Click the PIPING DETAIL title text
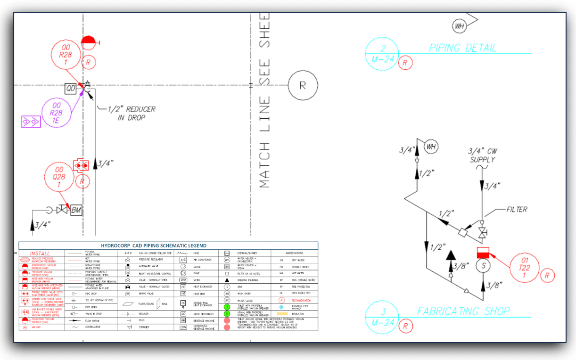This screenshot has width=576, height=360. coord(462,48)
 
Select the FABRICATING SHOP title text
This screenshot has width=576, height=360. coord(463,311)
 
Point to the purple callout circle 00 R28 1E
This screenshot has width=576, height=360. coord(57,113)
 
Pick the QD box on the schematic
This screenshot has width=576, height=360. coord(71,88)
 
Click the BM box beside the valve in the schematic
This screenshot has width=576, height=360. coord(76,210)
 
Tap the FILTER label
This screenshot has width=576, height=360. coord(517,209)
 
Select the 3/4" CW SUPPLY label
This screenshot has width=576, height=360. coord(482,155)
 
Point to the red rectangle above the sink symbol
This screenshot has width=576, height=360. coord(483,253)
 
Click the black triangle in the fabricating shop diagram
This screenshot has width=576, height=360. coord(451,255)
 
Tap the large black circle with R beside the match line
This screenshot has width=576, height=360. coord(303,85)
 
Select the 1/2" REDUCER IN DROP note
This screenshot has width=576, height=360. coord(131,113)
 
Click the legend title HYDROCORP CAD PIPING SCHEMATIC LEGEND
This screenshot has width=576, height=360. coord(168,245)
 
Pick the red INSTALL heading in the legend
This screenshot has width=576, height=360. coord(40,254)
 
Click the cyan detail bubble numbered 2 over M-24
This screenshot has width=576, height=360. coord(382,53)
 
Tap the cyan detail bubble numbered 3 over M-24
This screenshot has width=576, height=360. coord(382,316)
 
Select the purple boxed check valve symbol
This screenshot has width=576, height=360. coord(31,122)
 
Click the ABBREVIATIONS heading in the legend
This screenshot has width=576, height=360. coord(294,253)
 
